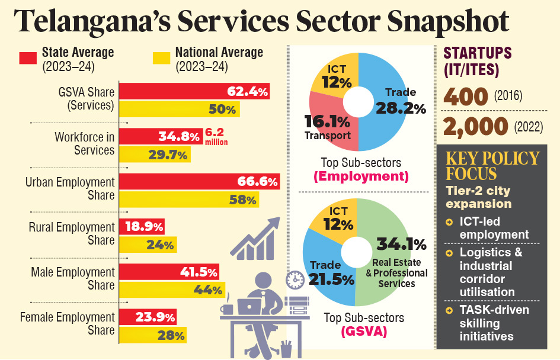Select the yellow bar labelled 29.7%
[x=155, y=155]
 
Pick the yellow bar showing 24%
[x=148, y=245]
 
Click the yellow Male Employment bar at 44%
[x=172, y=290]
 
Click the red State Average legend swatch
[x=28, y=58]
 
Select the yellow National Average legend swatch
[x=161, y=58]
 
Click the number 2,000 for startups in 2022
[x=476, y=126]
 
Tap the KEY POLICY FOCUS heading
[x=492, y=166]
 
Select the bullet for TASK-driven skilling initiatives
[x=449, y=310]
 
